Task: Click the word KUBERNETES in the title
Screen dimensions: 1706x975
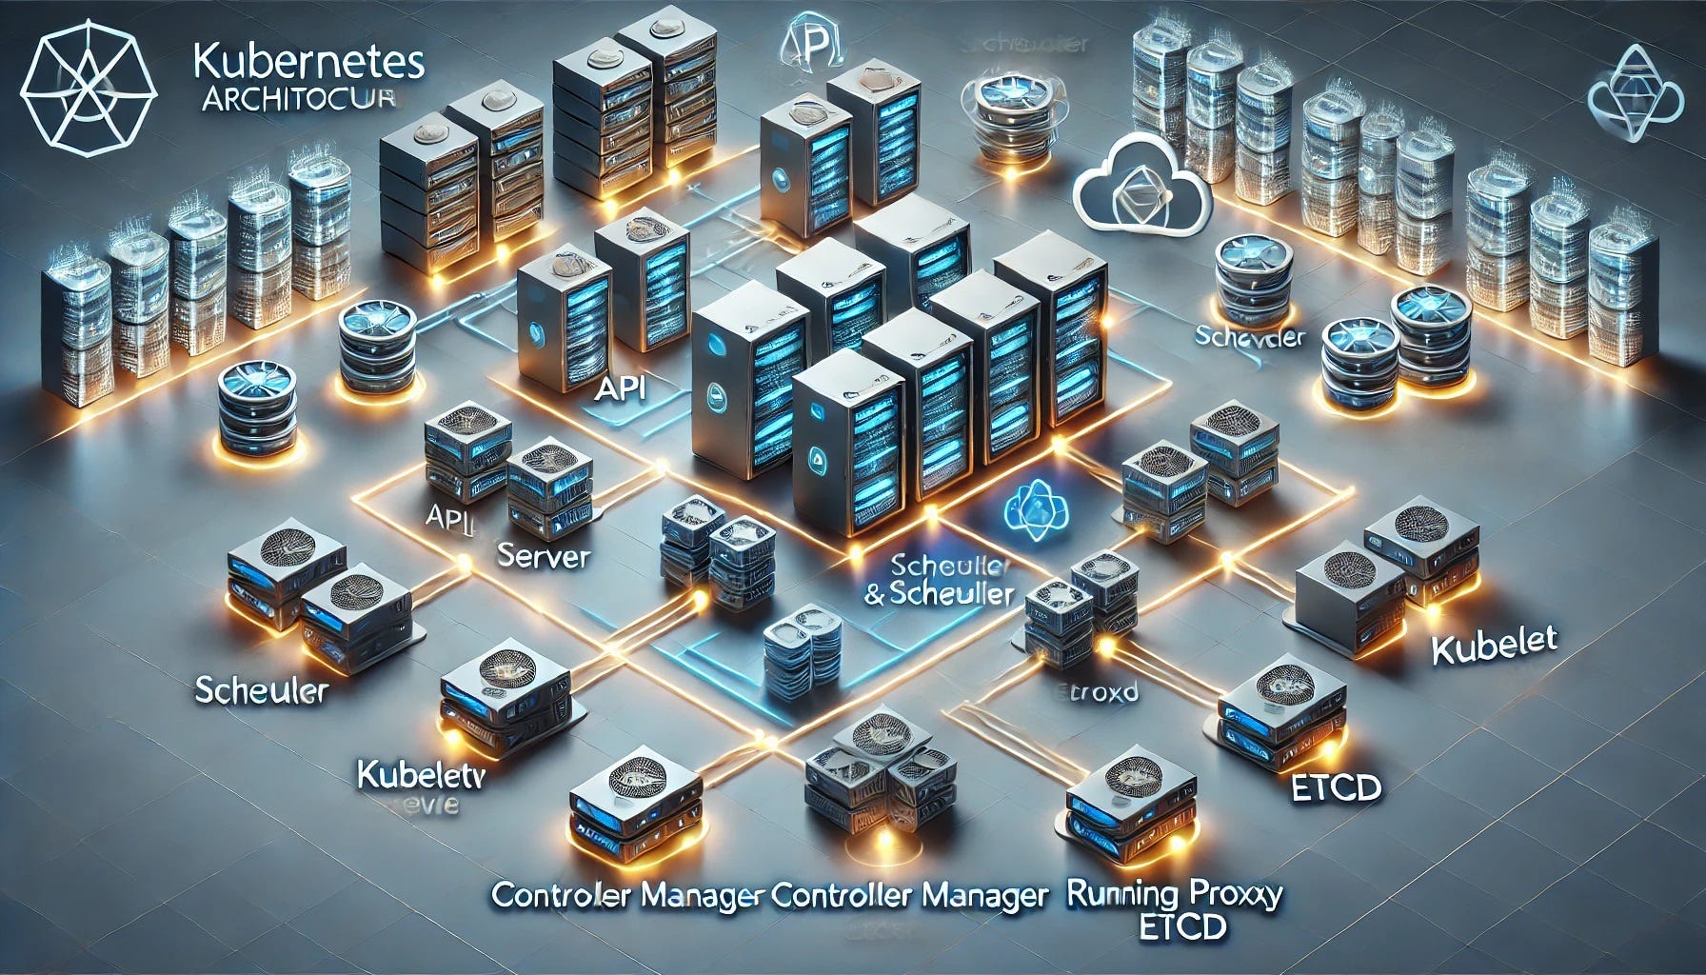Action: pos(307,63)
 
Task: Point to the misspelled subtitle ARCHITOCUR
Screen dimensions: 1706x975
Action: pos(299,101)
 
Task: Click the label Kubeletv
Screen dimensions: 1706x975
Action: pos(421,774)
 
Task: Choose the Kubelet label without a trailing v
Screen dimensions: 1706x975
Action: pos(1494,647)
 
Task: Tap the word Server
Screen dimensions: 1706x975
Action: pos(544,556)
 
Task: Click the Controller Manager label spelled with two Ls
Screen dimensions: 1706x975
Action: pos(909,895)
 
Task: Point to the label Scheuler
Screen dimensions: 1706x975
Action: pos(261,689)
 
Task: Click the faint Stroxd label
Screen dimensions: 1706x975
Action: pos(1100,692)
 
